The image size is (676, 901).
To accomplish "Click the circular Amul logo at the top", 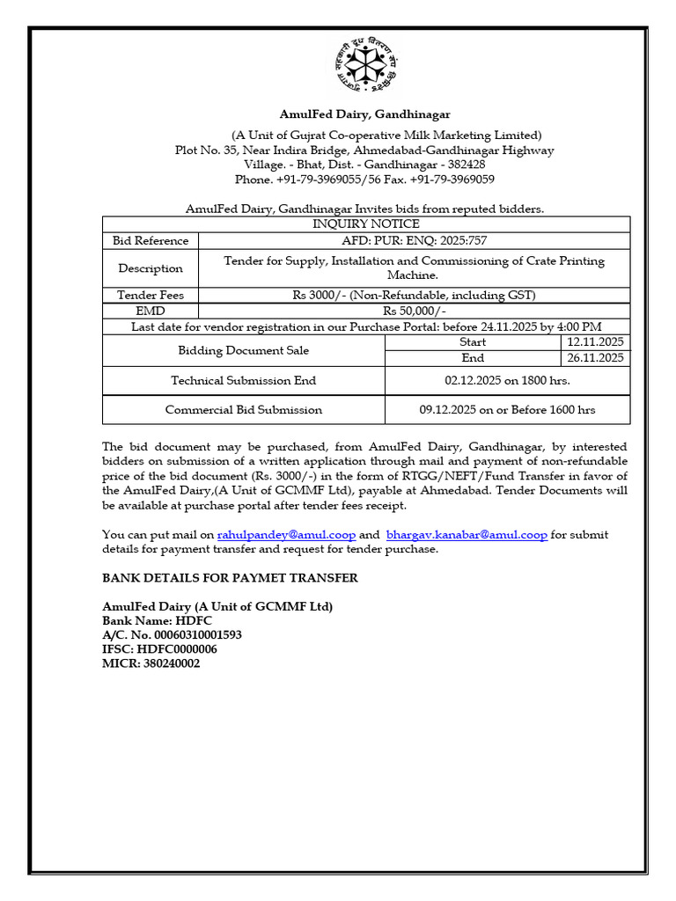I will [365, 67].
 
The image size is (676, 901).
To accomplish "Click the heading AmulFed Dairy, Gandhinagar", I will [365, 114].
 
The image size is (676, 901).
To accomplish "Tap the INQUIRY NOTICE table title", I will [366, 224].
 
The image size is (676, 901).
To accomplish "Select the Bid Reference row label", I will [151, 240].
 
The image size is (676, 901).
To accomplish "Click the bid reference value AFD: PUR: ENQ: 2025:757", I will [415, 240].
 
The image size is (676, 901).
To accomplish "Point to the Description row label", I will [151, 268].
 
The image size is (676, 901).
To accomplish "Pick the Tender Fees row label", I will [151, 295].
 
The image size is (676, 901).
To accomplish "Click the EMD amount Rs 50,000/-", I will [415, 311].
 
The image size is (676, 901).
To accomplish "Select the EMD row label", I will [151, 311].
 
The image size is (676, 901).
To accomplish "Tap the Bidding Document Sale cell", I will [244, 350].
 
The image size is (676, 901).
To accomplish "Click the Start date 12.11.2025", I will [595, 341].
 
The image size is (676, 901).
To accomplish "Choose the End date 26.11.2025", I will [595, 358].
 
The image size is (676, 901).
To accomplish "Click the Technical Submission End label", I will [244, 381].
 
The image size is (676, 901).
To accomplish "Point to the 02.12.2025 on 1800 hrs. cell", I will [507, 381].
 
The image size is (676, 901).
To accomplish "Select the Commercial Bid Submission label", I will [244, 409].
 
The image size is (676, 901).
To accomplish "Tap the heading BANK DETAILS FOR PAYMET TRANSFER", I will [230, 578].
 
